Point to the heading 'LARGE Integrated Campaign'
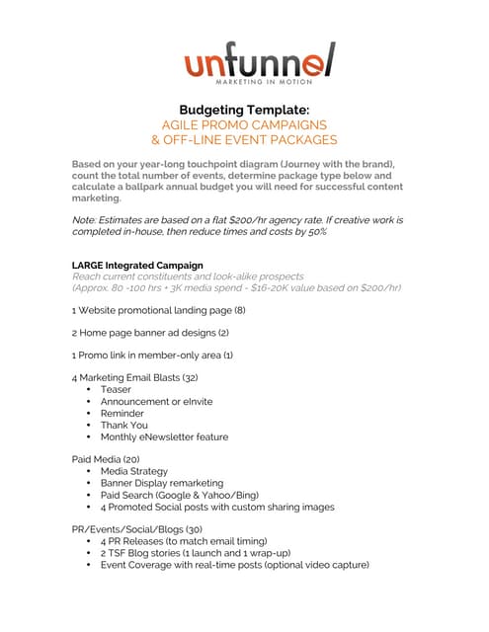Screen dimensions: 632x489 tap(137, 266)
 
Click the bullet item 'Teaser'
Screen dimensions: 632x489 tap(116, 389)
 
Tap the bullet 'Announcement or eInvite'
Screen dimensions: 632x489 tap(156, 401)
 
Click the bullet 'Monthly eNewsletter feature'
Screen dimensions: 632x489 tap(164, 436)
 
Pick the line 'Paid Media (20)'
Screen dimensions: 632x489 tap(106, 459)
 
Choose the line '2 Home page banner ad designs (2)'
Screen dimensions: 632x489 tap(150, 333)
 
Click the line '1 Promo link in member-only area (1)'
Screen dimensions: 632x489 tap(152, 355)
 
